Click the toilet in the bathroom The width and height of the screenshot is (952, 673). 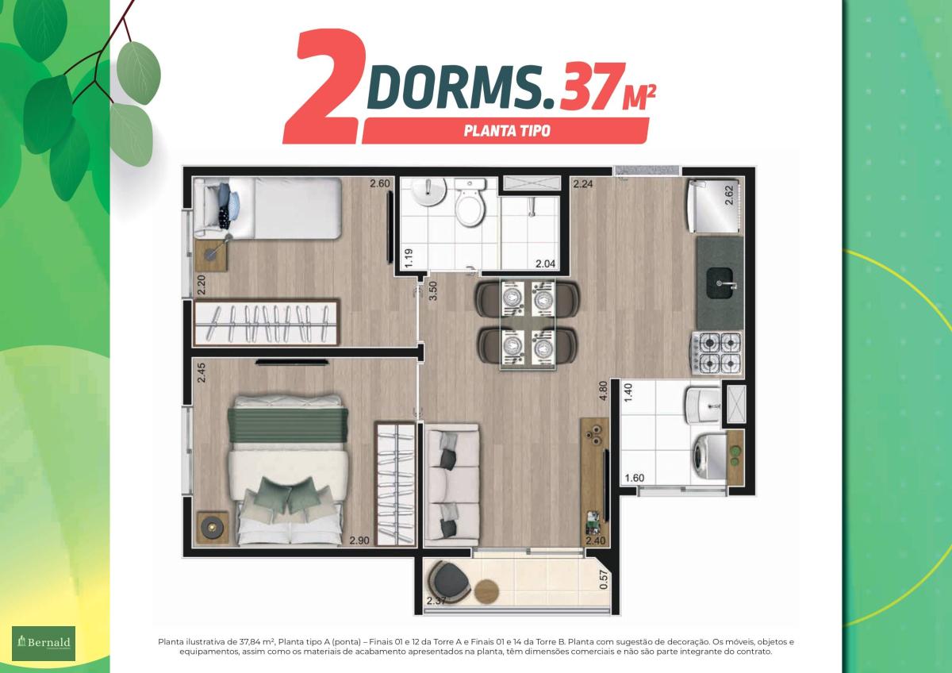[470, 202]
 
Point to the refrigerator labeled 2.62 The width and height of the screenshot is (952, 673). [716, 206]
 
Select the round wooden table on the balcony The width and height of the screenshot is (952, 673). [486, 592]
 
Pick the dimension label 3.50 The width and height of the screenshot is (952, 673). [433, 290]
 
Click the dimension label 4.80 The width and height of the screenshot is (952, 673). [603, 390]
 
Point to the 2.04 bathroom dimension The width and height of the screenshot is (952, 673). [545, 263]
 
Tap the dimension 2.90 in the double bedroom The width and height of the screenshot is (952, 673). [359, 540]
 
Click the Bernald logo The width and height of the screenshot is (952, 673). [44, 644]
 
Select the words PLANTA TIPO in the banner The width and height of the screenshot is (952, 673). [507, 130]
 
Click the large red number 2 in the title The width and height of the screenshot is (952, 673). [324, 86]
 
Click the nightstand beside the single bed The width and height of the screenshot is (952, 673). [211, 255]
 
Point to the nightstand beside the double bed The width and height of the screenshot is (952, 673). [213, 527]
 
